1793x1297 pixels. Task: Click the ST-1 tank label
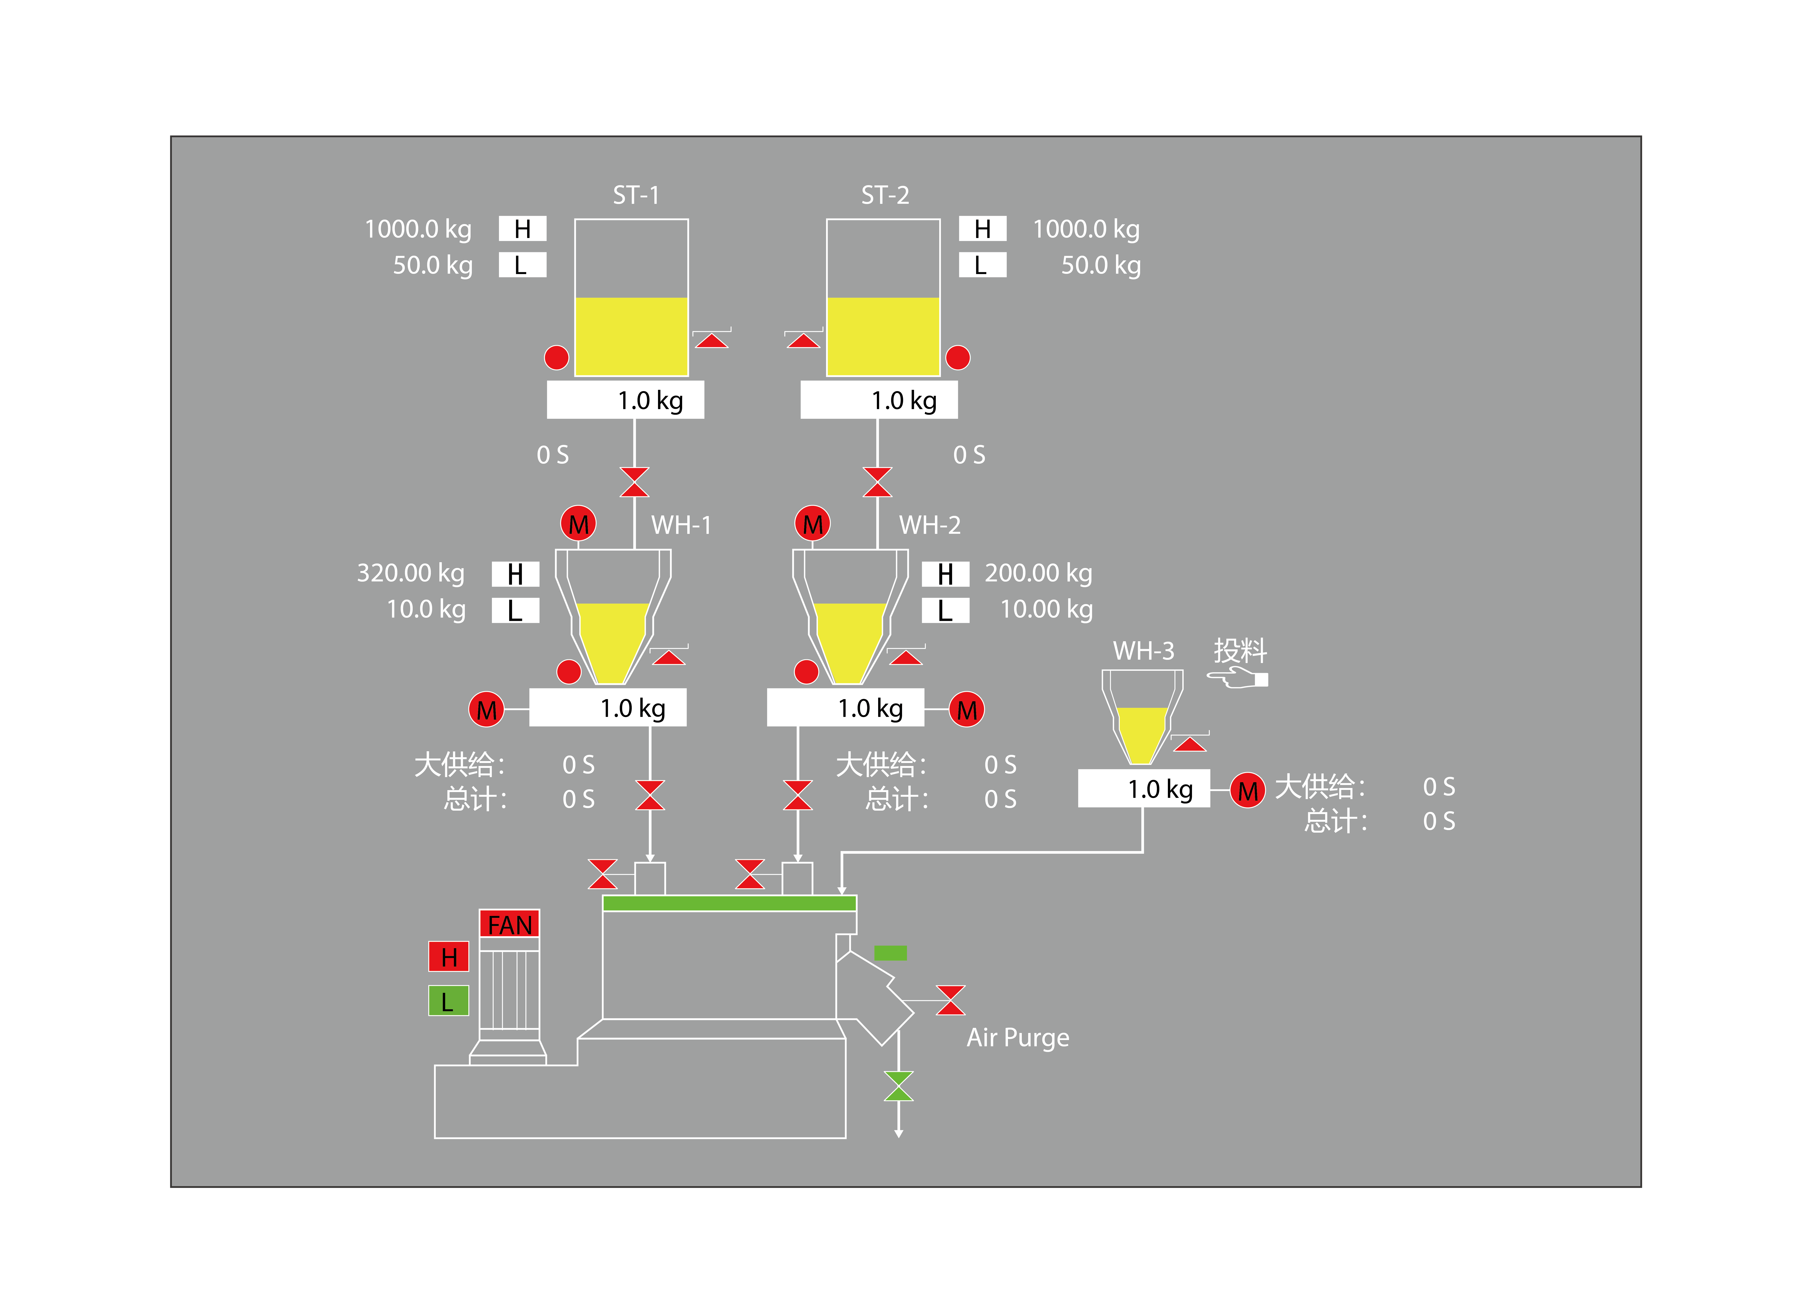click(x=636, y=195)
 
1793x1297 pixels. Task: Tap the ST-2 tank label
click(x=885, y=195)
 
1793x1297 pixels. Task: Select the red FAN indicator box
click(x=509, y=924)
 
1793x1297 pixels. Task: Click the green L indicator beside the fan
click(x=448, y=1001)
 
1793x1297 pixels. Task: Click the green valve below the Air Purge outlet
click(x=898, y=1086)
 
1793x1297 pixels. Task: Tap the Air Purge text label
click(x=1018, y=1038)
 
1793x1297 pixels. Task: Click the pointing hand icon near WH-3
click(x=1237, y=678)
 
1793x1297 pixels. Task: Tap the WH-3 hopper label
click(x=1143, y=651)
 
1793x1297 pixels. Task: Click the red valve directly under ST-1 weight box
click(x=634, y=482)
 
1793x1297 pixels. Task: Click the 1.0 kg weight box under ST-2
click(x=878, y=400)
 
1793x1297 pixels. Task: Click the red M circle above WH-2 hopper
click(x=812, y=524)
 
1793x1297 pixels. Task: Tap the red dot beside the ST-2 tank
click(x=957, y=358)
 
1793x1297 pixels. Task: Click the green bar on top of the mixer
click(x=729, y=903)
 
